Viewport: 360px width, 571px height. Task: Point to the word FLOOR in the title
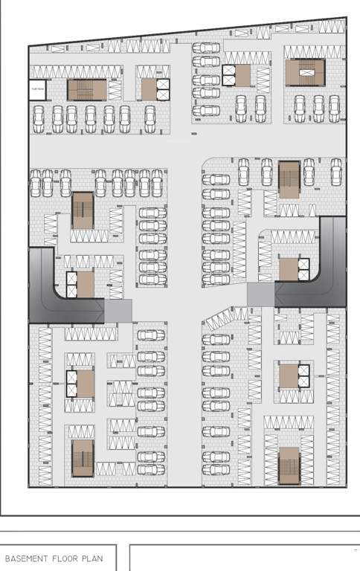[x=69, y=558]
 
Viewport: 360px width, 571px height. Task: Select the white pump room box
[x=38, y=90]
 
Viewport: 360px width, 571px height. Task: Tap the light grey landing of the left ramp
[x=118, y=311]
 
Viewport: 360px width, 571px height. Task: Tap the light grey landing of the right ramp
[x=260, y=295]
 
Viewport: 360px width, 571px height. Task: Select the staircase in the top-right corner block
[x=305, y=73]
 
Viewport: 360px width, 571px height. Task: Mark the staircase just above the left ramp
[x=83, y=210]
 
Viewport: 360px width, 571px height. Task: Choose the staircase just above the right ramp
[x=289, y=179]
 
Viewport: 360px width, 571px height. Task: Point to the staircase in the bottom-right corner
[x=289, y=465]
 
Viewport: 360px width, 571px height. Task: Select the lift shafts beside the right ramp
[x=303, y=269]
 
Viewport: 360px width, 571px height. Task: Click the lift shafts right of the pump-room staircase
[x=162, y=89]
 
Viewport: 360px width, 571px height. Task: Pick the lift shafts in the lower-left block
[x=71, y=384]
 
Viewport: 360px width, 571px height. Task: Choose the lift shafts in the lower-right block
[x=303, y=376]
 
